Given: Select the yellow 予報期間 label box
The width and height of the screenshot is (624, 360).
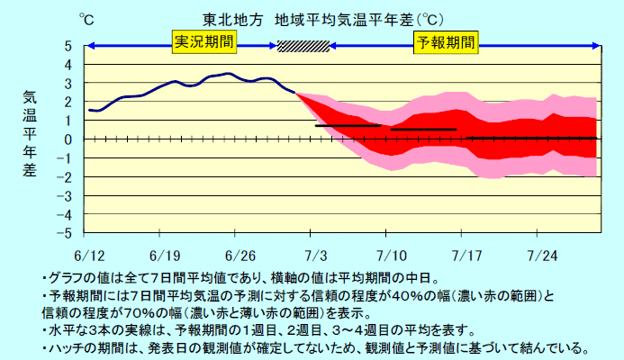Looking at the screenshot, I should (x=445, y=41).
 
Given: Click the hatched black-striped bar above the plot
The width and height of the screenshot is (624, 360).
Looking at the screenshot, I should (x=303, y=46).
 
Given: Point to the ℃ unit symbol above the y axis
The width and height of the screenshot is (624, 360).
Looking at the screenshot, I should (x=86, y=18).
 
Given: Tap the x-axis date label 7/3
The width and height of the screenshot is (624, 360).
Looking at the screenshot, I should (x=316, y=255).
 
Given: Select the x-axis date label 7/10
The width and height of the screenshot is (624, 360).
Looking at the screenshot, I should (x=391, y=255).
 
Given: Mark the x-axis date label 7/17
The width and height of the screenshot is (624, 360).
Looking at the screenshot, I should (x=466, y=255).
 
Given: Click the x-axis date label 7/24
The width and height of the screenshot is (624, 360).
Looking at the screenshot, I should (x=540, y=255).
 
